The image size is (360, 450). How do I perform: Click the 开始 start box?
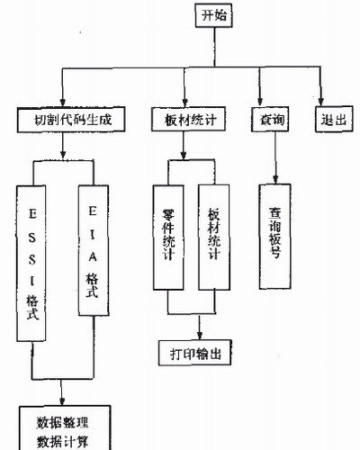214,15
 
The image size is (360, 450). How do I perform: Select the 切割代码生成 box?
71,120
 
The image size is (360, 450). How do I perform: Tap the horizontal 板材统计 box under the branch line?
188,120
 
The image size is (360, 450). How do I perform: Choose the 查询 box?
270,120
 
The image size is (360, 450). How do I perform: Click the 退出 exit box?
334,119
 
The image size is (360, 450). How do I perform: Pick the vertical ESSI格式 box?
31,264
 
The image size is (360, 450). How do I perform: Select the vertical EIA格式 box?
94,250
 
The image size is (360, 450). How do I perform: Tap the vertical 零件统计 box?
168,238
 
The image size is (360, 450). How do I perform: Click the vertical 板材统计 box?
214,238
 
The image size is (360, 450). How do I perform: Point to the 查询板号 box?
275,237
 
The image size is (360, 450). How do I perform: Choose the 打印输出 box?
195,353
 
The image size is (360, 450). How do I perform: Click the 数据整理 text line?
63,423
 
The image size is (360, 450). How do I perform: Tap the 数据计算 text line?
63,442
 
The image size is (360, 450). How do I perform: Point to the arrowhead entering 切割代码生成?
63,103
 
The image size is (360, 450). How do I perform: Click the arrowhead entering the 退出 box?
321,102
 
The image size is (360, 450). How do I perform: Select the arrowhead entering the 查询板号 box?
275,179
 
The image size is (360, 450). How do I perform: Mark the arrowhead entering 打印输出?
199,336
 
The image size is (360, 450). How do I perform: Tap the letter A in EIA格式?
93,256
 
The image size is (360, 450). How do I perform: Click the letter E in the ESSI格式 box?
32,214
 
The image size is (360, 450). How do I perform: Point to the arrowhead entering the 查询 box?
260,103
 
